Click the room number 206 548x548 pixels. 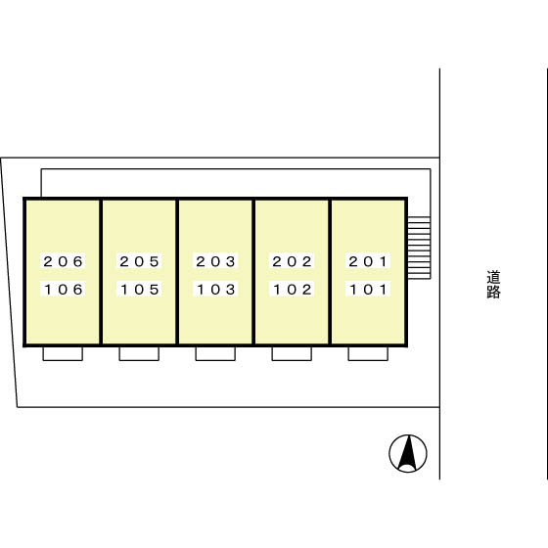tap(63, 261)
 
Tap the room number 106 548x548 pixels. tap(63, 290)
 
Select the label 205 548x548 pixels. tap(139, 261)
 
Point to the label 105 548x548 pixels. tap(139, 290)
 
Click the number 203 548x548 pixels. tap(215, 261)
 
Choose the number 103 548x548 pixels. tap(215, 290)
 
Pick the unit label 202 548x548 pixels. tap(292, 261)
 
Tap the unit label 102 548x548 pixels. tap(292, 290)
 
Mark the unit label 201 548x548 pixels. tap(368, 261)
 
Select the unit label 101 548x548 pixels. tap(368, 290)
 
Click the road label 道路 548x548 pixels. tap(493, 284)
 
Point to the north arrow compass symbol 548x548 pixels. tap(408, 453)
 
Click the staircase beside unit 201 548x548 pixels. tap(419, 248)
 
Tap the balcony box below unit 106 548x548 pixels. tap(63, 353)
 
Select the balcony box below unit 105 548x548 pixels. tap(139, 353)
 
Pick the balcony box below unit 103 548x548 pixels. tap(215, 353)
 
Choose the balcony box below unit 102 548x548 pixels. tap(292, 353)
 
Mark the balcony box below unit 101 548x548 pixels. tap(368, 353)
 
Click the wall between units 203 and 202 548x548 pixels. tap(253, 272)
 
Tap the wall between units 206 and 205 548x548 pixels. tap(101, 272)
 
